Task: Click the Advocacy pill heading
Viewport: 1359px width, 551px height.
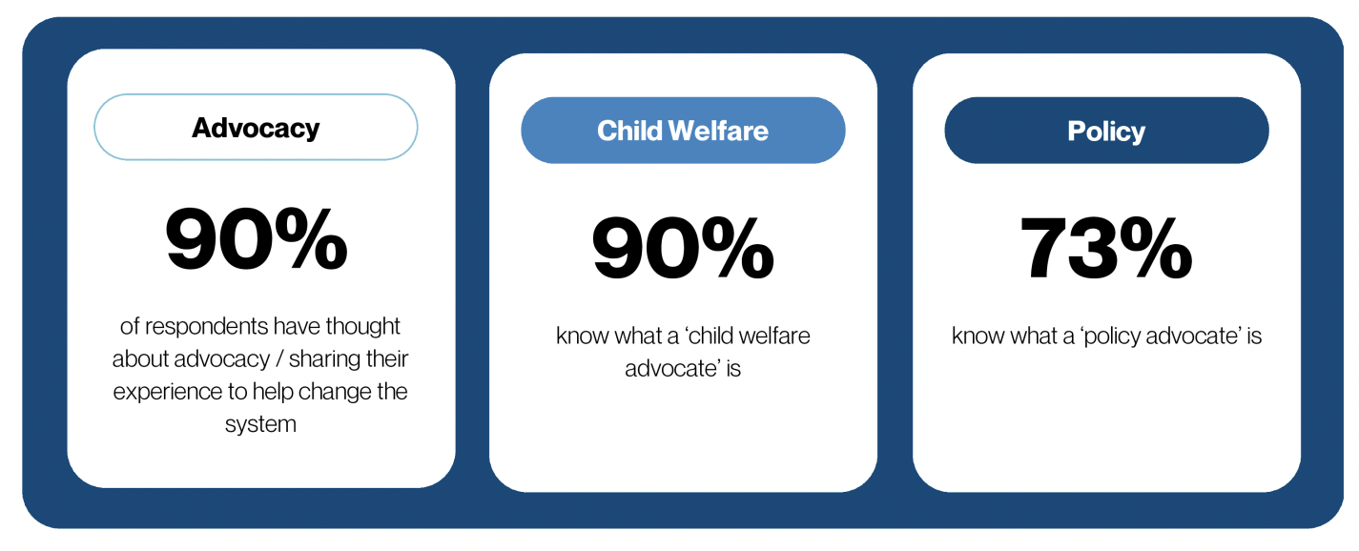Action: (x=256, y=128)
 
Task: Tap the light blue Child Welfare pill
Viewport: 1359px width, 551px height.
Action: (x=683, y=131)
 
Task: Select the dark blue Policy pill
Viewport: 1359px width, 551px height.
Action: (x=1106, y=131)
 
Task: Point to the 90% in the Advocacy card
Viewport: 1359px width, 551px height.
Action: (x=256, y=238)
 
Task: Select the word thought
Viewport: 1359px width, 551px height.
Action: (x=362, y=326)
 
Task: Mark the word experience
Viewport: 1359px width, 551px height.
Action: (x=168, y=392)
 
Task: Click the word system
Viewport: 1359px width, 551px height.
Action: (x=260, y=424)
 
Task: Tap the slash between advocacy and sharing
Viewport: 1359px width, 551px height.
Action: (x=279, y=359)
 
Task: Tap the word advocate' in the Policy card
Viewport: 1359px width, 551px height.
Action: (x=1194, y=336)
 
